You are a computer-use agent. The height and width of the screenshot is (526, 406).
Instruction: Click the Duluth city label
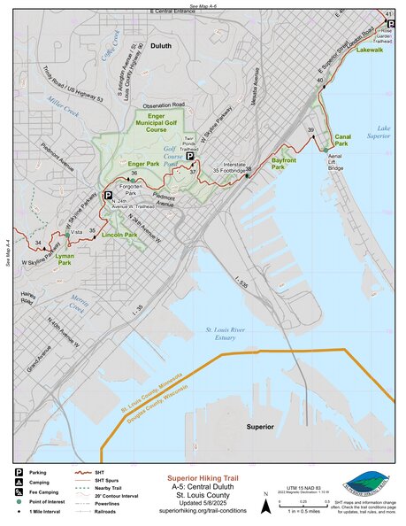[x=161, y=45]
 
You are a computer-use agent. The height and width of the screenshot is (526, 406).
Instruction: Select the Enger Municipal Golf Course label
[x=157, y=124]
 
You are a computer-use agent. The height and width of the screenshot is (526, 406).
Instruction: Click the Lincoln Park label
[x=119, y=235]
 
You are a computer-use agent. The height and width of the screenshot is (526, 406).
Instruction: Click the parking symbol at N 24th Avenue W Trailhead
[x=108, y=195]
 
